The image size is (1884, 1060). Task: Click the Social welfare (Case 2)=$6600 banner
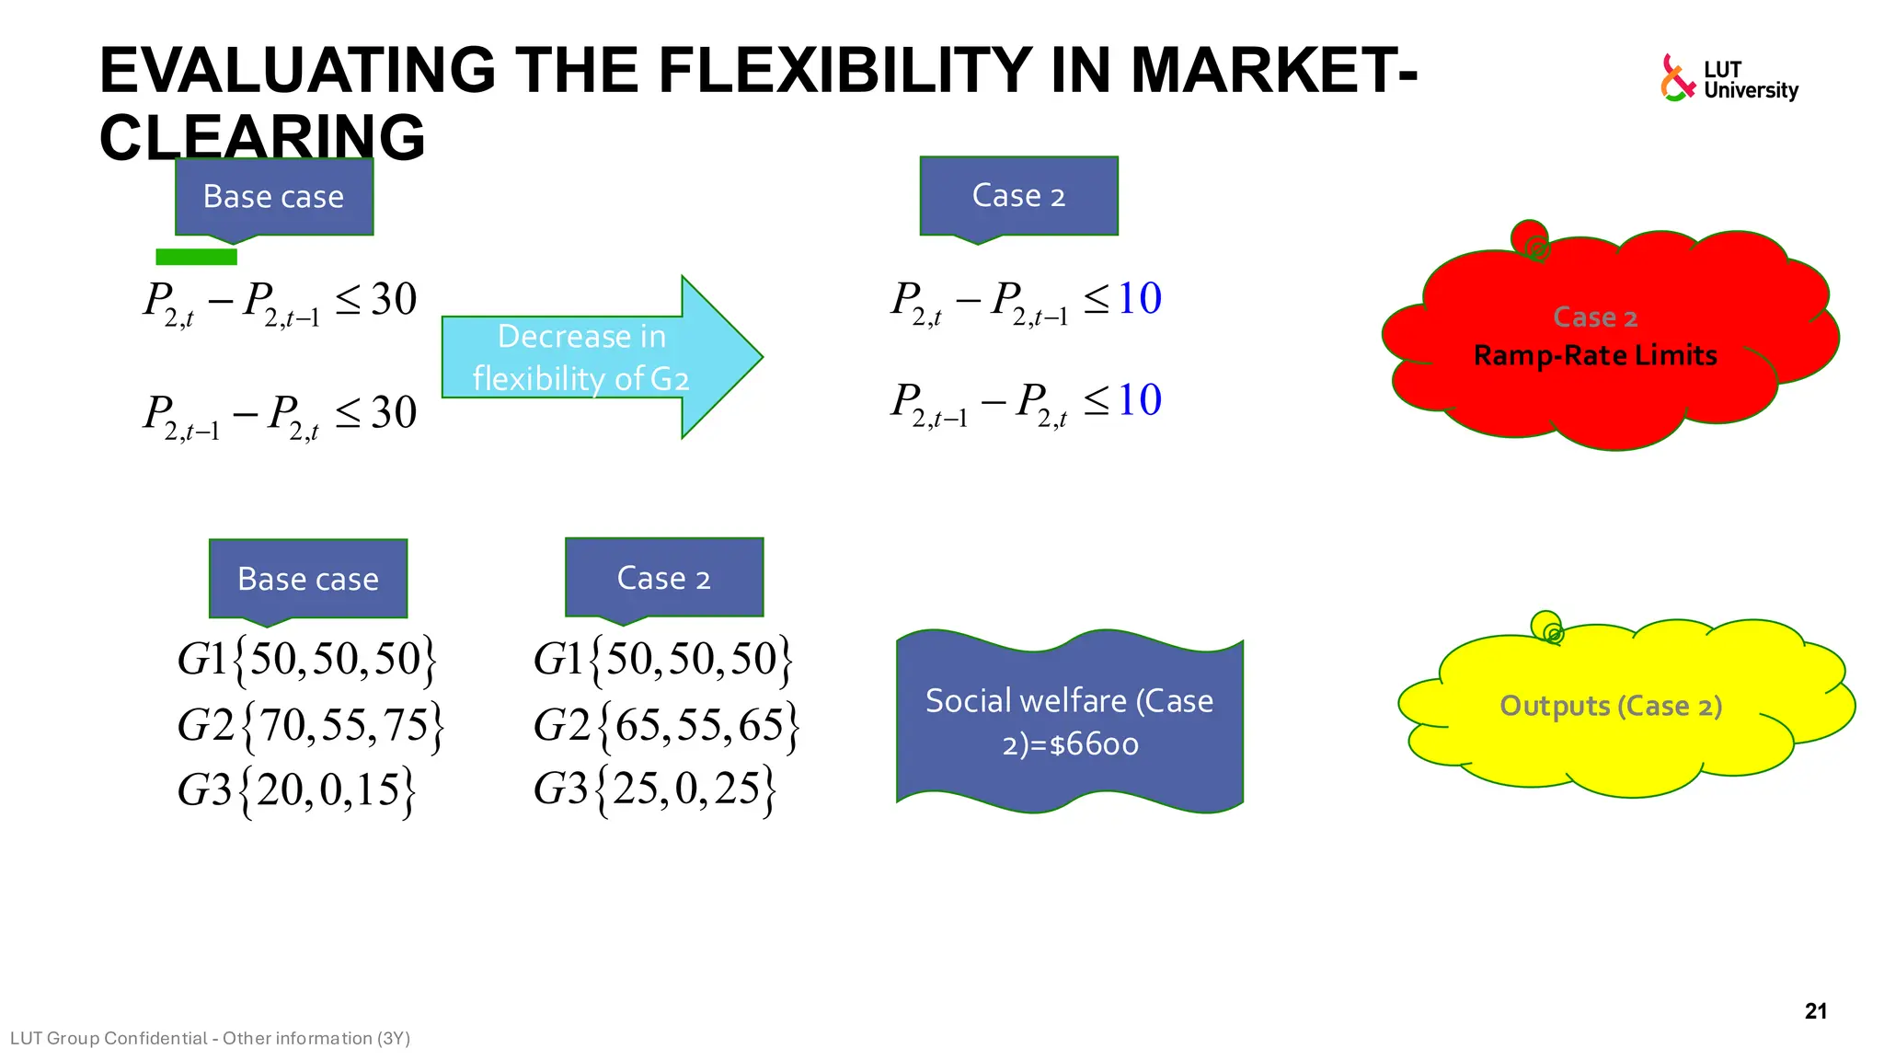pos(1069,722)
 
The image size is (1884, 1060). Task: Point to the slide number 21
pos(1815,1011)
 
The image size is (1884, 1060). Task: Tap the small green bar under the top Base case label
pos(196,257)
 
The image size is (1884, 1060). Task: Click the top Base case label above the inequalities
pos(274,197)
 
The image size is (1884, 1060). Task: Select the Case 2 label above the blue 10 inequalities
pos(1018,196)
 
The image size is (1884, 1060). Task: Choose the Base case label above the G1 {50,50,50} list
pos(308,579)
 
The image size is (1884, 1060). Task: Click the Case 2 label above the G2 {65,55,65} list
pos(663,578)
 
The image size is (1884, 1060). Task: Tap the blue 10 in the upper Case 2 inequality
pos(1139,299)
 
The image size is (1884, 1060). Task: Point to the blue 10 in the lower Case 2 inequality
pos(1139,400)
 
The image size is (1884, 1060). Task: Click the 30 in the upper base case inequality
pos(394,300)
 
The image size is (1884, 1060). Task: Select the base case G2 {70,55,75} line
pos(311,725)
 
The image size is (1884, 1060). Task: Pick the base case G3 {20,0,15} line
pos(296,790)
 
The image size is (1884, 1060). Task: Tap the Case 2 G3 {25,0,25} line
pos(654,789)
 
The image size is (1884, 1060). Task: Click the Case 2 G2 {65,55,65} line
pos(666,725)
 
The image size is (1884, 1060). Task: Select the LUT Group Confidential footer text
pos(210,1039)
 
